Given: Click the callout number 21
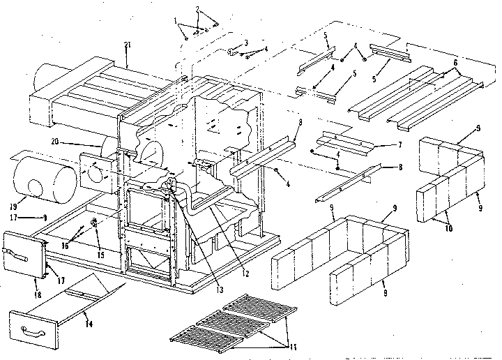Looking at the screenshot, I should pyautogui.click(x=126, y=45).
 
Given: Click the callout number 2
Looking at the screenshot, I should pyautogui.click(x=199, y=9).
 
